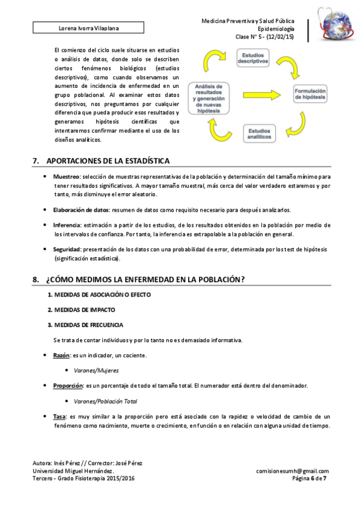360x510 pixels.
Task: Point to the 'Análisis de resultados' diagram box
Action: [209, 98]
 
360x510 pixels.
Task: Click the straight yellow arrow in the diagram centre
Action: [259, 94]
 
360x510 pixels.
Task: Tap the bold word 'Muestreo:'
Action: [67, 177]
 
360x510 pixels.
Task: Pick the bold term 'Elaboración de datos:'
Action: [81, 210]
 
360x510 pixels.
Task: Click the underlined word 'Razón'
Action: [61, 356]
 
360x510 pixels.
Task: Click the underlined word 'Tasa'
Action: [59, 416]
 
